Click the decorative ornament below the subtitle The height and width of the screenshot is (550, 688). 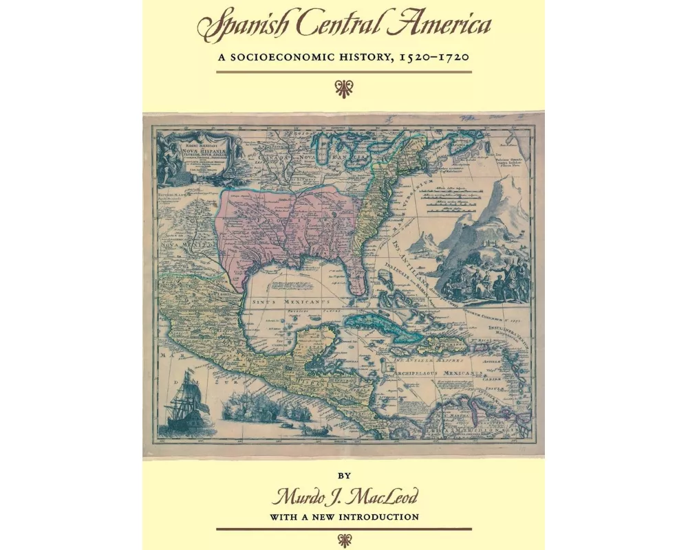pyautogui.click(x=343, y=87)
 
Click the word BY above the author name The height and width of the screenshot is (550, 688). pyautogui.click(x=344, y=475)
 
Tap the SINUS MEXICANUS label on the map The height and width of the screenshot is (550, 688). pyautogui.click(x=296, y=301)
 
